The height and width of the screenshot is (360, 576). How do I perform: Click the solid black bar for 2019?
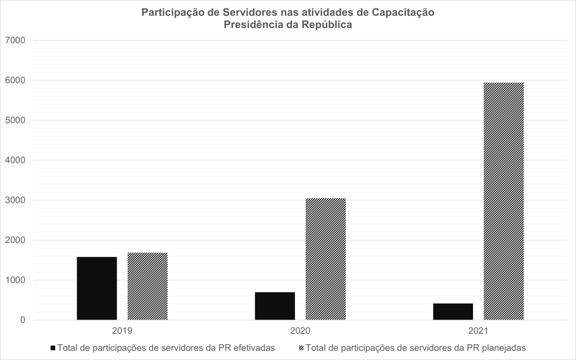pyautogui.click(x=97, y=288)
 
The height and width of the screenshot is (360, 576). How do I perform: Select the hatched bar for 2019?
pyautogui.click(x=148, y=286)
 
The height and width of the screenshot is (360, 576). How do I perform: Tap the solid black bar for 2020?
pyautogui.click(x=275, y=306)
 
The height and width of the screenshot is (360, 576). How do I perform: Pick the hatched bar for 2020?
pyautogui.click(x=325, y=259)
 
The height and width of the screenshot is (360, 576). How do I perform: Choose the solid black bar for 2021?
pyautogui.click(x=453, y=312)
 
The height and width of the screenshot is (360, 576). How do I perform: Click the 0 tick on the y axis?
pyautogui.click(x=23, y=321)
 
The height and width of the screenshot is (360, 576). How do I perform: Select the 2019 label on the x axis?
pyautogui.click(x=122, y=331)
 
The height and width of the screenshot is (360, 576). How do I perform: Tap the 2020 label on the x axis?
pyautogui.click(x=300, y=331)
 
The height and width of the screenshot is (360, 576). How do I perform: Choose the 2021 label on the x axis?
pyautogui.click(x=478, y=331)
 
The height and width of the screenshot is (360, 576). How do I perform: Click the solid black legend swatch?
pyautogui.click(x=53, y=348)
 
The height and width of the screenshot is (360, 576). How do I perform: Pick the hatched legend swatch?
pyautogui.click(x=301, y=348)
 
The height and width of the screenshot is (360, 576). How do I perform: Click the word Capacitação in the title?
pyautogui.click(x=403, y=12)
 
